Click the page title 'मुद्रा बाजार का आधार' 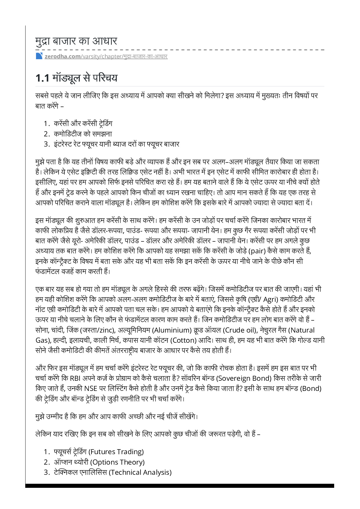click(76, 41)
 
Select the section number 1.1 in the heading click(42, 78)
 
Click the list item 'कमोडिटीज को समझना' click(83, 134)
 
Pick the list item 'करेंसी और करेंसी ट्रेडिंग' click(83, 123)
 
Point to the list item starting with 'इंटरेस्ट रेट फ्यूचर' click(116, 144)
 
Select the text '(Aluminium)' click(172, 330)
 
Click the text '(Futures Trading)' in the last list click(116, 452)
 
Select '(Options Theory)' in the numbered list click(118, 462)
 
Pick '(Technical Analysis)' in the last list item click(140, 472)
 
